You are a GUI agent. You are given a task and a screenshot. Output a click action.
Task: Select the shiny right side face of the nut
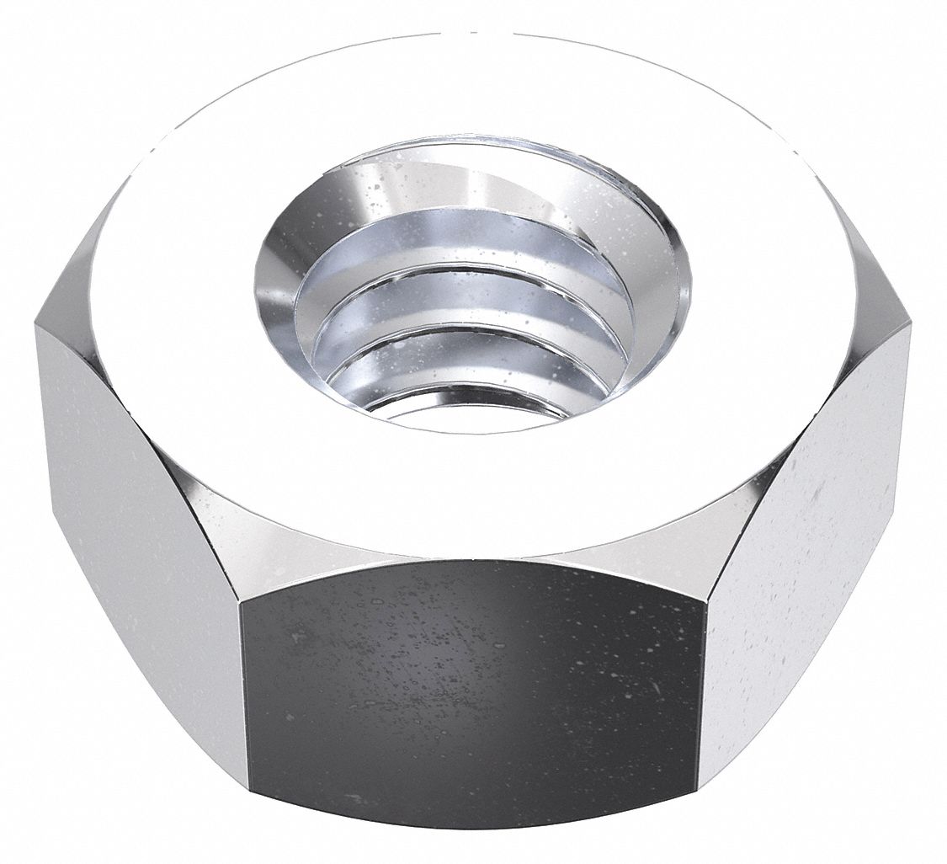pos(808,522)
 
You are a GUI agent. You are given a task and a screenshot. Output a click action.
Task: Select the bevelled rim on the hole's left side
pos(274,278)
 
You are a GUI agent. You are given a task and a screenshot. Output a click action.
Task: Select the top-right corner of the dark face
pos(705,600)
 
